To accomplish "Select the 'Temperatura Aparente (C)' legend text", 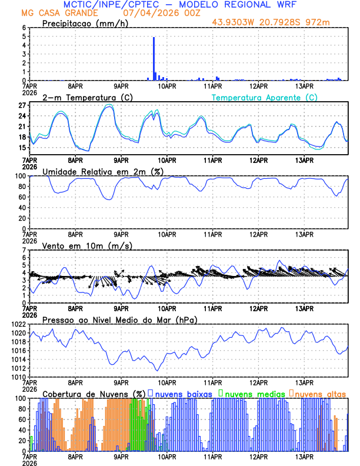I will tap(264, 97).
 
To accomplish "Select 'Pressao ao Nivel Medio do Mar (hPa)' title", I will tap(119, 319).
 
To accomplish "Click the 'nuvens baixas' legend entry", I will tap(183, 393).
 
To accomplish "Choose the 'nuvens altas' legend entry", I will tap(320, 393).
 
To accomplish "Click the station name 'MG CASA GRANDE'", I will tap(52, 13).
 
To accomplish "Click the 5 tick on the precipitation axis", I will tap(24, 36).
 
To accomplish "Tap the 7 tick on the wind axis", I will tap(24, 250).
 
